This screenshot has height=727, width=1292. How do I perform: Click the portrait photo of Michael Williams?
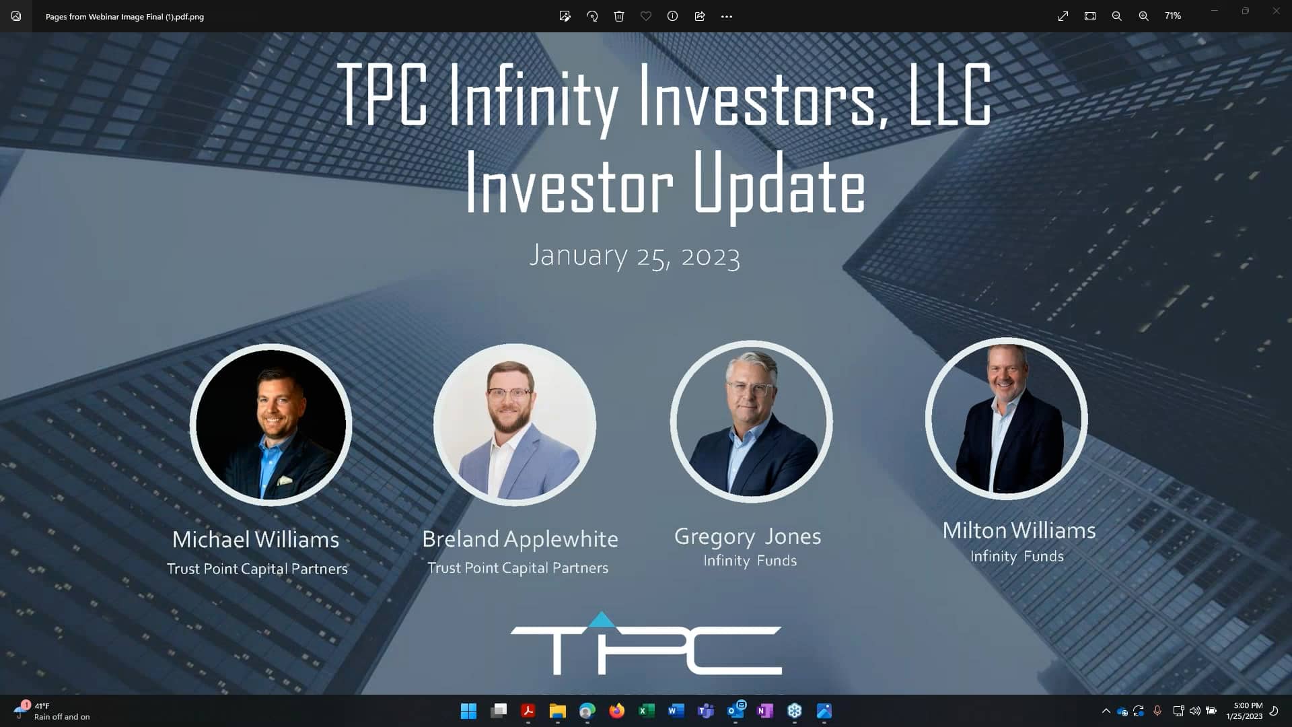pyautogui.click(x=271, y=425)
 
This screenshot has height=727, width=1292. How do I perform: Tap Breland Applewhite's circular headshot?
pyautogui.click(x=515, y=424)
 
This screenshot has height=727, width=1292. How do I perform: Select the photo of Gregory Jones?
pyautogui.click(x=751, y=421)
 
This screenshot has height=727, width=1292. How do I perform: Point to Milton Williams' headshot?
pyautogui.click(x=1006, y=419)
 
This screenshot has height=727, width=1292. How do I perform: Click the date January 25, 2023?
pyautogui.click(x=634, y=256)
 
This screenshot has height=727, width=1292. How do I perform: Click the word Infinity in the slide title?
pyautogui.click(x=533, y=96)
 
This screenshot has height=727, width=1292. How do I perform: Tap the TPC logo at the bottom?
pyautogui.click(x=646, y=648)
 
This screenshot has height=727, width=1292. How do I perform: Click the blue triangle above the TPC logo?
pyautogui.click(x=602, y=619)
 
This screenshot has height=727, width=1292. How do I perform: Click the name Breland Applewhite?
pyautogui.click(x=519, y=539)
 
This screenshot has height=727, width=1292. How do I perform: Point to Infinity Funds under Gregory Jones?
pyautogui.click(x=750, y=560)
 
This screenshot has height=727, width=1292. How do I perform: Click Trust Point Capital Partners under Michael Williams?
pyautogui.click(x=257, y=569)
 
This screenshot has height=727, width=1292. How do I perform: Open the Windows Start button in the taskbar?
pyautogui.click(x=468, y=711)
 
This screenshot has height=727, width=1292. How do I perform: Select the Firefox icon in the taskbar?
pyautogui.click(x=616, y=711)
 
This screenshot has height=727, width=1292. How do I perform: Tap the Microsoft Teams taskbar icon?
pyautogui.click(x=706, y=711)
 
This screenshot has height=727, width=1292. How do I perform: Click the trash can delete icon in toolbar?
pyautogui.click(x=619, y=16)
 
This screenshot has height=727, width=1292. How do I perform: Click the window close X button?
pyautogui.click(x=1276, y=11)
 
